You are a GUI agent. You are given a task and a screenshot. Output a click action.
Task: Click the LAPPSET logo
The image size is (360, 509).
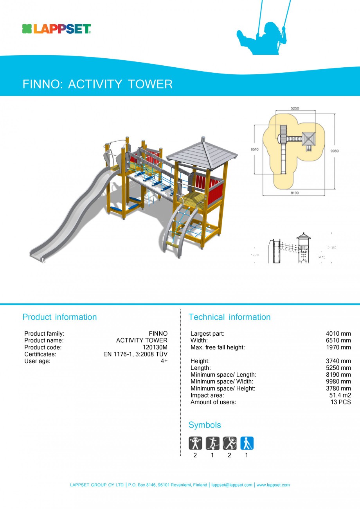point(56,29)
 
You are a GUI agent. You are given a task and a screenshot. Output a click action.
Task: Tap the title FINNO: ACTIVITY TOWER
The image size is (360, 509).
point(97,84)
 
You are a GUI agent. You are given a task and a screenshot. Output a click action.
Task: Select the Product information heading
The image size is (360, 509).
point(59,317)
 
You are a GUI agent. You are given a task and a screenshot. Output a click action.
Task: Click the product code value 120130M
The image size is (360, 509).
point(155,347)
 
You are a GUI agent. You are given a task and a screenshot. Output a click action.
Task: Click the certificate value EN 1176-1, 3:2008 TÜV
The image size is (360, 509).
point(135,354)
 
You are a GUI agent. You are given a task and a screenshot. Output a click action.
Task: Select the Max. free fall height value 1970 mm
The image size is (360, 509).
point(338,347)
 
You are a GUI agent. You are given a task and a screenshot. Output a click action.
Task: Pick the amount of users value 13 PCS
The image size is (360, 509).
point(341,402)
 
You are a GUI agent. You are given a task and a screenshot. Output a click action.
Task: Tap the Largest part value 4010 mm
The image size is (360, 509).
point(338,334)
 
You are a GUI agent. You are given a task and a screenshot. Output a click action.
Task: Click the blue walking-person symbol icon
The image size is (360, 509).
point(247,443)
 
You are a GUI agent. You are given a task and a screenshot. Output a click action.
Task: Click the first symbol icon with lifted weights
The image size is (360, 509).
point(195,443)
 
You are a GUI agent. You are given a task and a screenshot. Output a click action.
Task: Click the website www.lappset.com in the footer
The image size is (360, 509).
point(273,485)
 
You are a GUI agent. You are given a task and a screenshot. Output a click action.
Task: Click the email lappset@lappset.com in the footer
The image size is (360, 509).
point(232,485)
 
